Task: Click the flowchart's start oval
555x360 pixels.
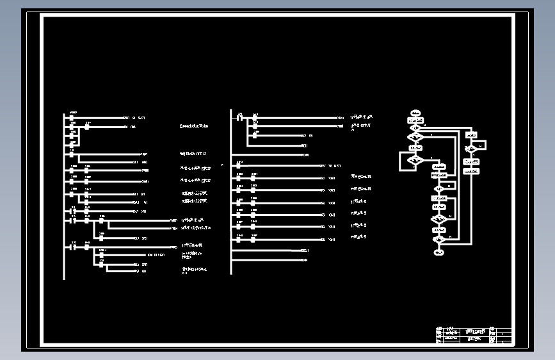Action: (x=415, y=113)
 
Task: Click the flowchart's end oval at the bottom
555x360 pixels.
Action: (x=438, y=252)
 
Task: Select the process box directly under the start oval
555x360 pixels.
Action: (x=415, y=120)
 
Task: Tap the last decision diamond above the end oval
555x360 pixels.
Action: (x=438, y=240)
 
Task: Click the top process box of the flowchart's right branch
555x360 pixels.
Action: (x=471, y=135)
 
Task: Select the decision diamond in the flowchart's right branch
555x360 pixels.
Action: (x=471, y=148)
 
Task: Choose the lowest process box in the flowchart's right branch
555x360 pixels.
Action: (x=471, y=171)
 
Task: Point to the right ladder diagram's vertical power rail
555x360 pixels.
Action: (x=231, y=192)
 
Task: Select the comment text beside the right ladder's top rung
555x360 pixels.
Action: (x=361, y=118)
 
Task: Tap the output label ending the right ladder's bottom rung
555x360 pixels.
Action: (x=304, y=260)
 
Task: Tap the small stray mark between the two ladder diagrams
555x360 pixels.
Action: (x=223, y=165)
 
